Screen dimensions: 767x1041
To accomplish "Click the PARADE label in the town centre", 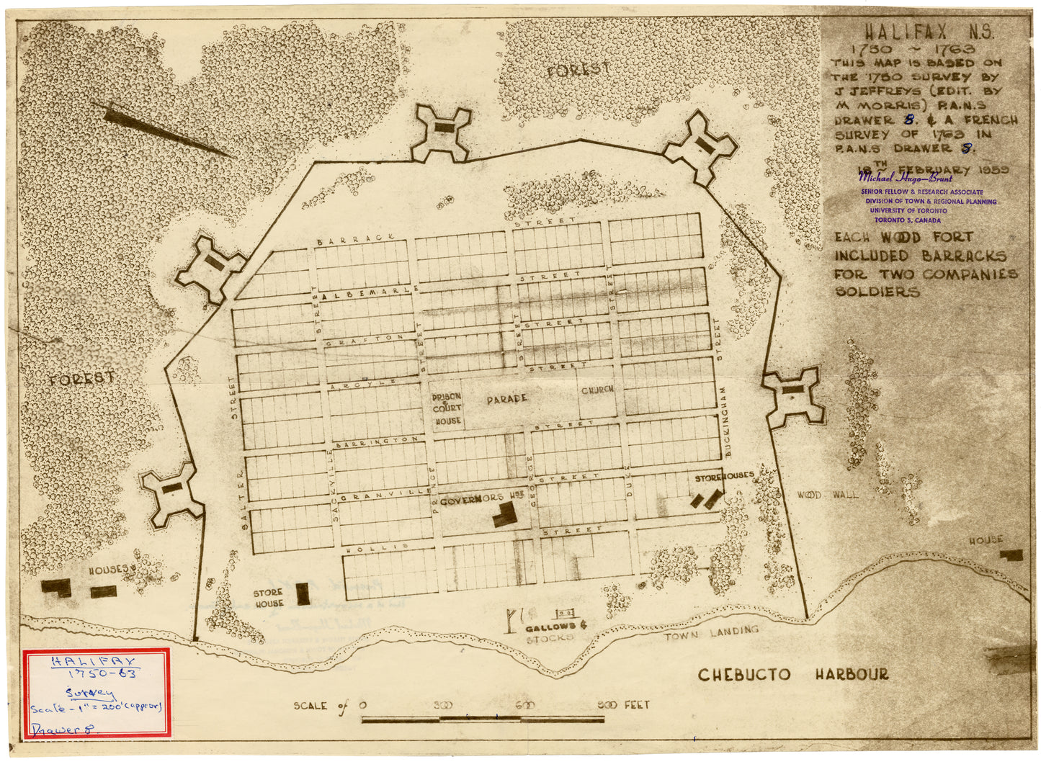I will [x=506, y=398].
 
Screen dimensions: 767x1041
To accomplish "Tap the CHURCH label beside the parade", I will [x=597, y=390].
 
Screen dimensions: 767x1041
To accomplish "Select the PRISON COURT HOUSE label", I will [x=447, y=408].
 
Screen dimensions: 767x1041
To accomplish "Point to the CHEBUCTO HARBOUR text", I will [x=792, y=675].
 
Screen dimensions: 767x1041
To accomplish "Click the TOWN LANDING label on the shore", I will [x=711, y=633].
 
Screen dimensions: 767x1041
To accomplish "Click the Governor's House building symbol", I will [x=504, y=514].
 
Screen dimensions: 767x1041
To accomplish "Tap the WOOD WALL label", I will [x=827, y=495].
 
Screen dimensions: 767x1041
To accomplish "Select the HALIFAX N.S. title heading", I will [x=929, y=32].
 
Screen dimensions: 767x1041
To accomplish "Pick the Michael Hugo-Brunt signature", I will [x=905, y=178].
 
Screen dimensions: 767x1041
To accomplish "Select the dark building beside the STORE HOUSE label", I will [x=303, y=593].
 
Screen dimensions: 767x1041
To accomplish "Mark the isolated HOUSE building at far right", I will [x=1011, y=555].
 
